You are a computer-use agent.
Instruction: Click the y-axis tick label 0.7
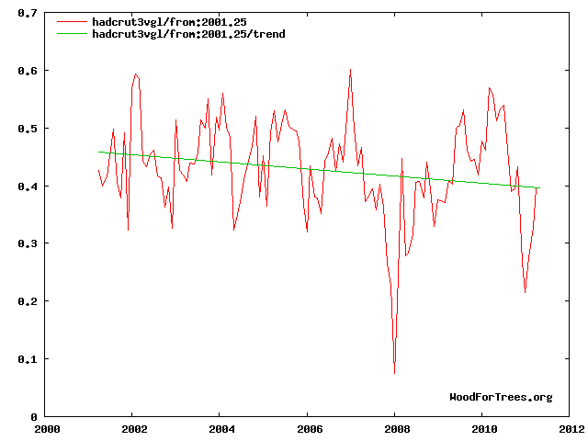28,14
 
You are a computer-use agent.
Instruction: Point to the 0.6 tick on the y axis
28,72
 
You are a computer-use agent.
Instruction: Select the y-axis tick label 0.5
28,129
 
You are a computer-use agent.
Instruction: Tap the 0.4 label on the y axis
28,187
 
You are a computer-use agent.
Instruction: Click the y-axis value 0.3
28,243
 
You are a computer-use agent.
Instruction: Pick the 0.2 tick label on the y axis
28,301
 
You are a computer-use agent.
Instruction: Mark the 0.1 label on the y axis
28,359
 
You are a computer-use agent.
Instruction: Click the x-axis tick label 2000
47,428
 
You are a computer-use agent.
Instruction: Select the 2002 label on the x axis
134,428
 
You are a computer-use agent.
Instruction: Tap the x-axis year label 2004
221,428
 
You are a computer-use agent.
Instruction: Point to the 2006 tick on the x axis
309,428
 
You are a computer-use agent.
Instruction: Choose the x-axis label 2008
396,428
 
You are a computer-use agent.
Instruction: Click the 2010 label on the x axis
483,428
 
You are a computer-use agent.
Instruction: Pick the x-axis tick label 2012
570,428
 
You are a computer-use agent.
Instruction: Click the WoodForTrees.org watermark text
501,397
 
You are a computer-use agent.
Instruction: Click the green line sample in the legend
72,34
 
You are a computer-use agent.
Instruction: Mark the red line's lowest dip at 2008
395,372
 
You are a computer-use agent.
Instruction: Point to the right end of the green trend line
539,188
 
